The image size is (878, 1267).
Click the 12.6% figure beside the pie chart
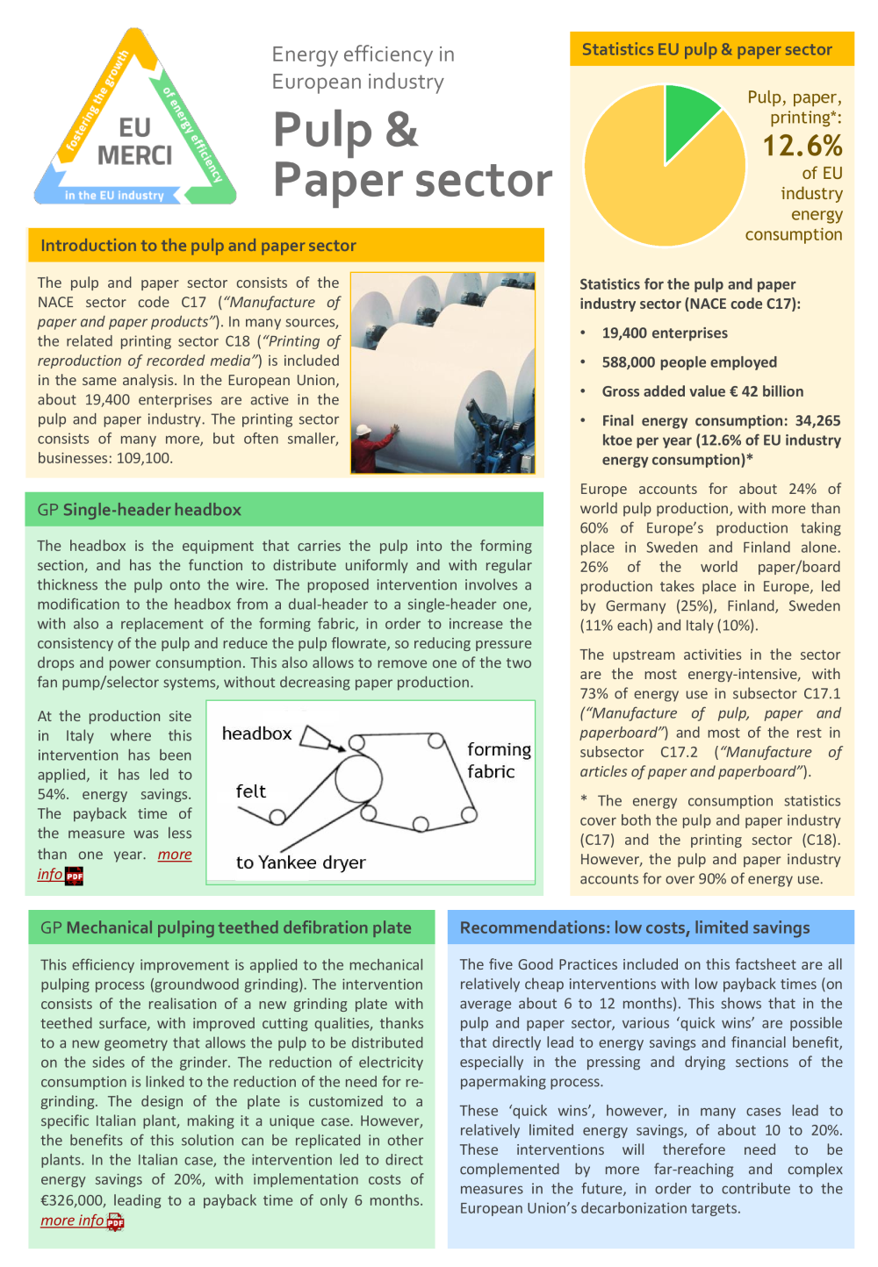[802, 146]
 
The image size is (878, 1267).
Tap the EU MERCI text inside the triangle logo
[134, 142]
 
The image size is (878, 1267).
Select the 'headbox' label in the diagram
[256, 734]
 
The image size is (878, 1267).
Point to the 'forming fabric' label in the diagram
[498, 761]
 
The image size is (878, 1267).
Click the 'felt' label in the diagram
[250, 791]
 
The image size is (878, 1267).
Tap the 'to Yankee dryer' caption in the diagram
[300, 863]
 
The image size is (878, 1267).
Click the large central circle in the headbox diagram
[358, 778]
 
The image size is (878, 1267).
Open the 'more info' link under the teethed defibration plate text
[72, 1220]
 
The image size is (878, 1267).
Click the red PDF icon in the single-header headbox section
[75, 875]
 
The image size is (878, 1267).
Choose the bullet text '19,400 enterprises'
[665, 333]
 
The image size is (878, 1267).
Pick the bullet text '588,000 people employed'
[689, 362]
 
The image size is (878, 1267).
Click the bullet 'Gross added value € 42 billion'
[702, 391]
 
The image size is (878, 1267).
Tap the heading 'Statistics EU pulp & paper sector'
[707, 50]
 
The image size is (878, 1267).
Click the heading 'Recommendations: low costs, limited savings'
[635, 927]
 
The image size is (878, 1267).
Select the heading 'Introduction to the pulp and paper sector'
[198, 246]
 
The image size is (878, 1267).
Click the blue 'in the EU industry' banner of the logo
[114, 196]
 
